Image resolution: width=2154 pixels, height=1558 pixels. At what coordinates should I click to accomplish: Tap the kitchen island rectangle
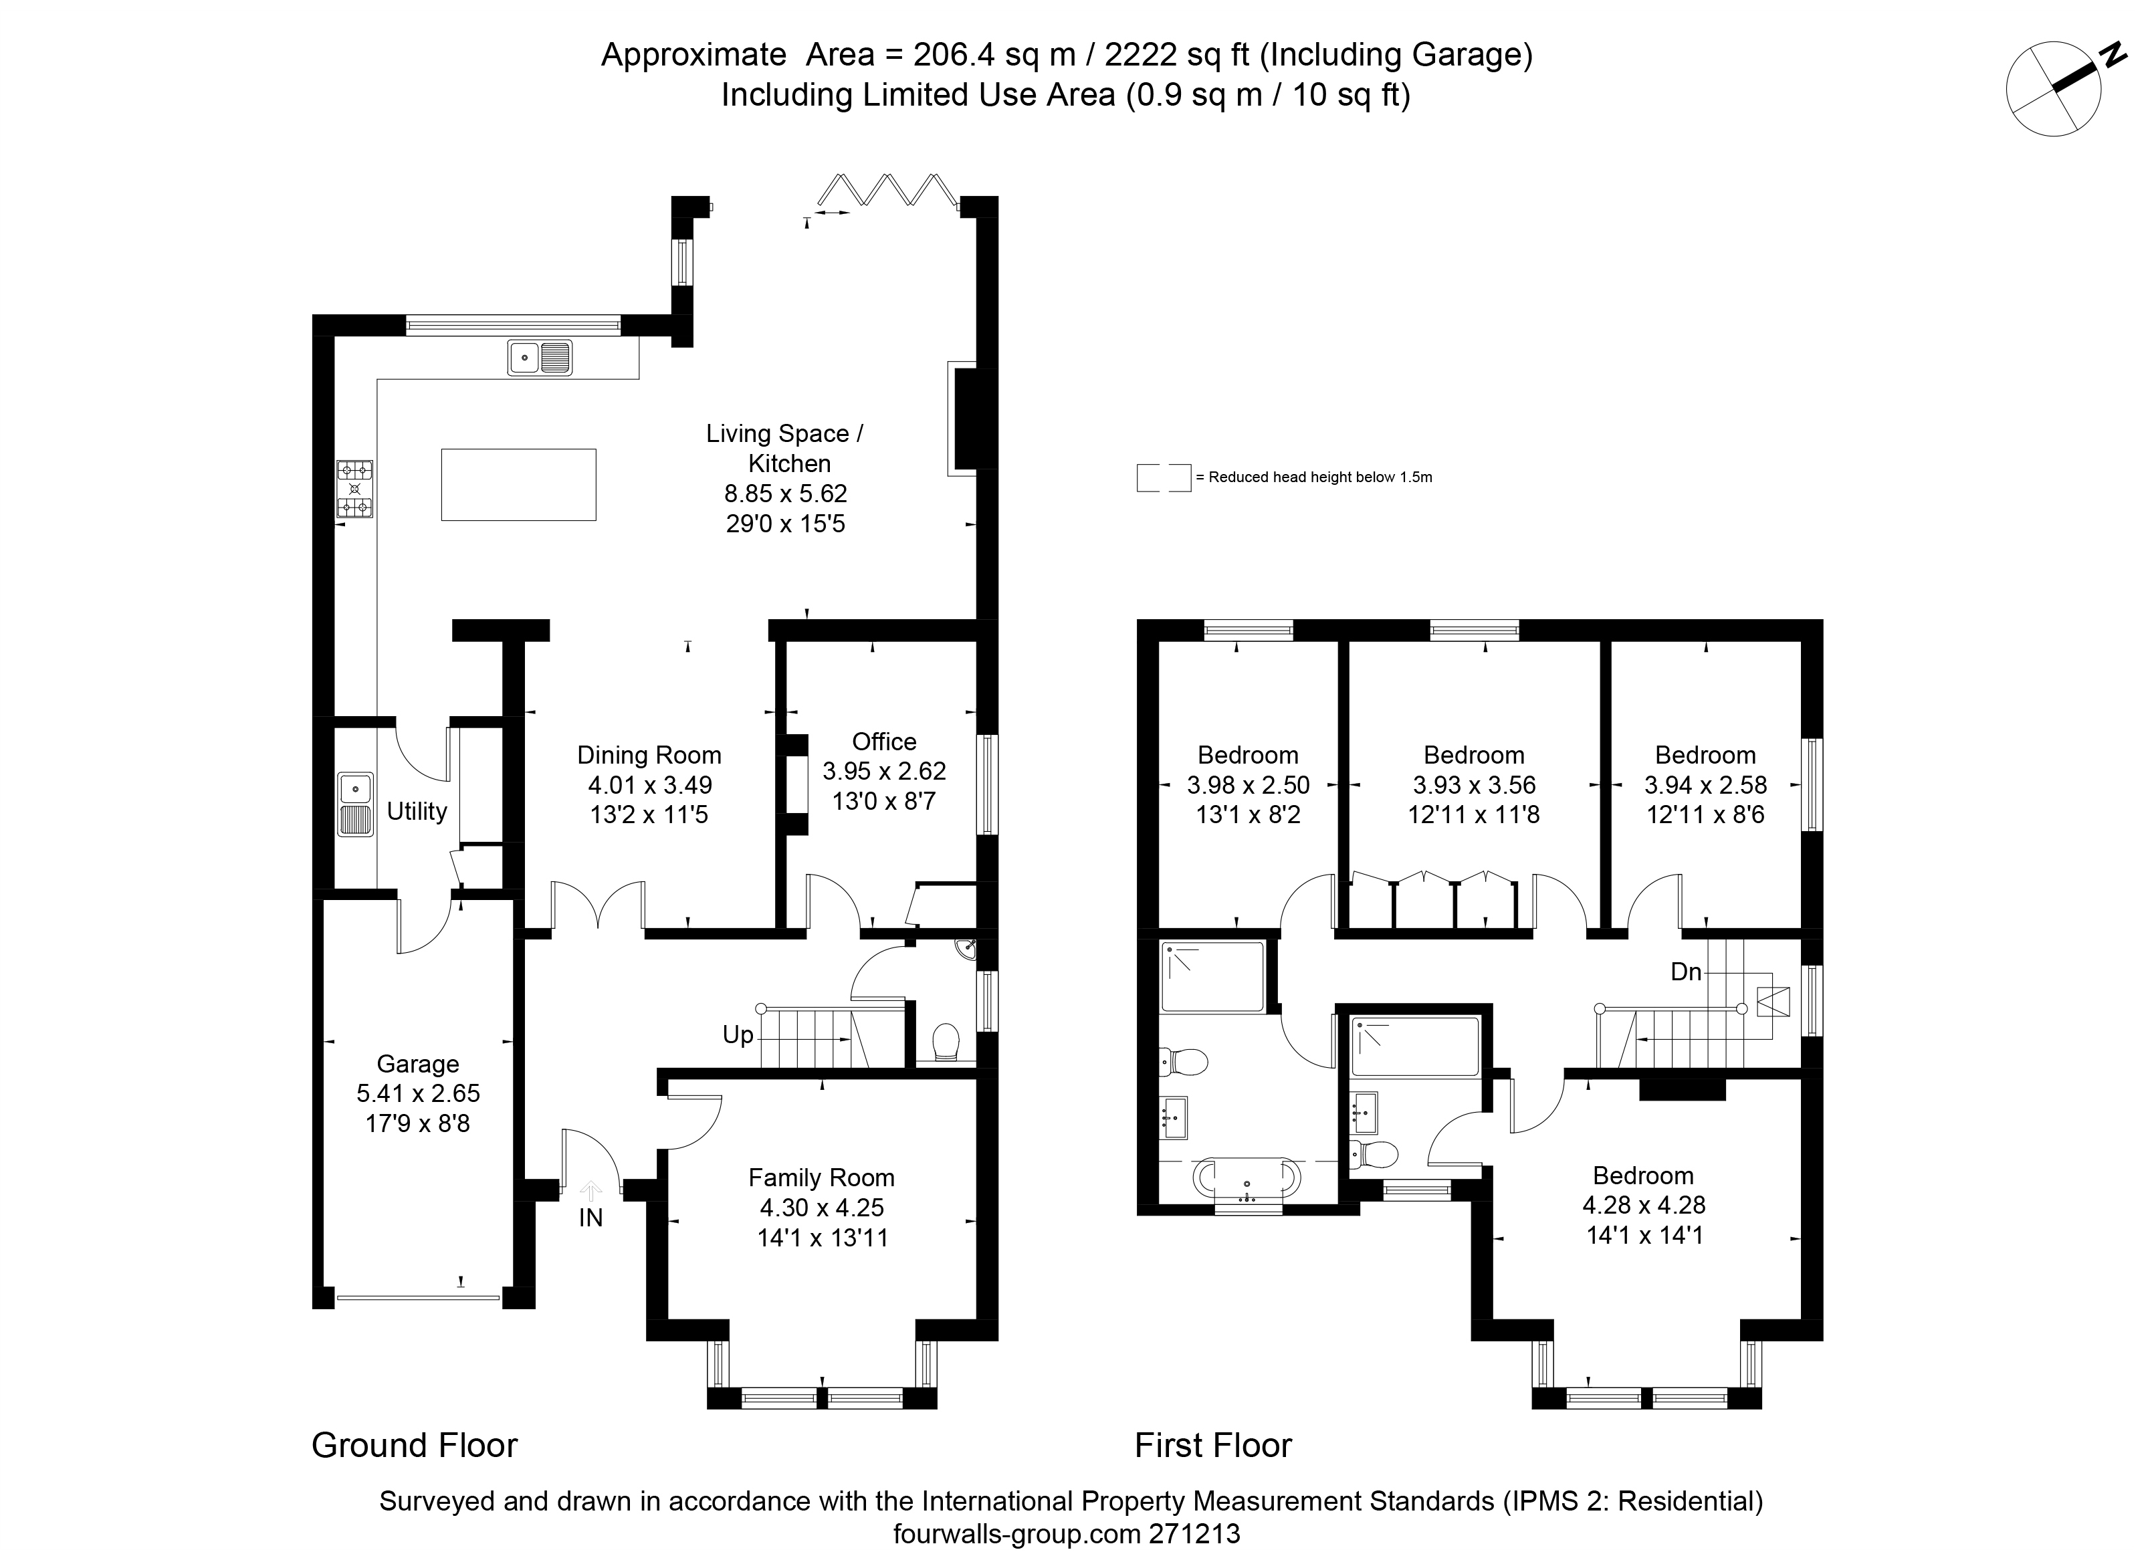point(518,484)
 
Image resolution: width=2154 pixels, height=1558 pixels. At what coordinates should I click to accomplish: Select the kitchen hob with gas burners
point(354,489)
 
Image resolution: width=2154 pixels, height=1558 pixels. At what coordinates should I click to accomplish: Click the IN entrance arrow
point(590,1192)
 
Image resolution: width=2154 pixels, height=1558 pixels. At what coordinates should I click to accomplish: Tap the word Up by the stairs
point(738,1035)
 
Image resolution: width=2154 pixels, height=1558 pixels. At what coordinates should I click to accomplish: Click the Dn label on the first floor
point(1686,972)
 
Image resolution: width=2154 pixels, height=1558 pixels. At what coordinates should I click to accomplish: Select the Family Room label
point(821,1178)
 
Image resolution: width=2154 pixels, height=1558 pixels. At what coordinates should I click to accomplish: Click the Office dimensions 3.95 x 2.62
point(884,771)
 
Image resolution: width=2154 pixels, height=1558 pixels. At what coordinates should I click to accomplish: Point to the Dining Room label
point(649,755)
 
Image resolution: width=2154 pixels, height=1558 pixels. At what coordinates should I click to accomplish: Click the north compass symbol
point(2061,88)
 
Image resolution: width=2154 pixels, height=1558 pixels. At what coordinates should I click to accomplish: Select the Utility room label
point(417,811)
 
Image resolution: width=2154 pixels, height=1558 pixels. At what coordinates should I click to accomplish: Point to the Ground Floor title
point(415,1446)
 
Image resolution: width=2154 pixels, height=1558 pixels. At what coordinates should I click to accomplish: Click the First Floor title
point(1214,1446)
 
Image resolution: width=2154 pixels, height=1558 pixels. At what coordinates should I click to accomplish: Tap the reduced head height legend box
point(1164,477)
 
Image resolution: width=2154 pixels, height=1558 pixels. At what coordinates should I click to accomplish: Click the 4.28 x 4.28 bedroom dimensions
point(1644,1205)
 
